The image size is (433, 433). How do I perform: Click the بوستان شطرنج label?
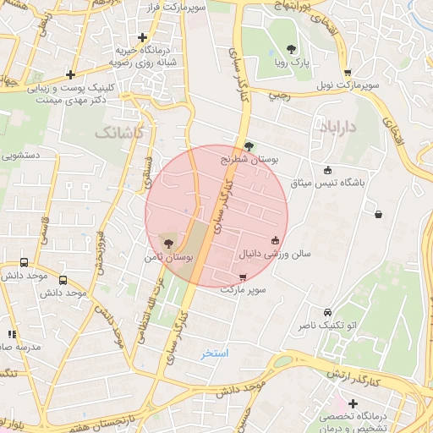tap(250, 158)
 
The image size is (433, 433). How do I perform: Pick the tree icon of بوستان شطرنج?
tap(248, 145)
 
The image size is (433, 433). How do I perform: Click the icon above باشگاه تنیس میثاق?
tap(328, 170)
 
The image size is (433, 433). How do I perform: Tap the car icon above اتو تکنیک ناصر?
tap(325, 310)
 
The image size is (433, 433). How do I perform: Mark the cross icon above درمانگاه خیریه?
tap(143, 37)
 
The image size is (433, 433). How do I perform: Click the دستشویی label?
tap(21, 156)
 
